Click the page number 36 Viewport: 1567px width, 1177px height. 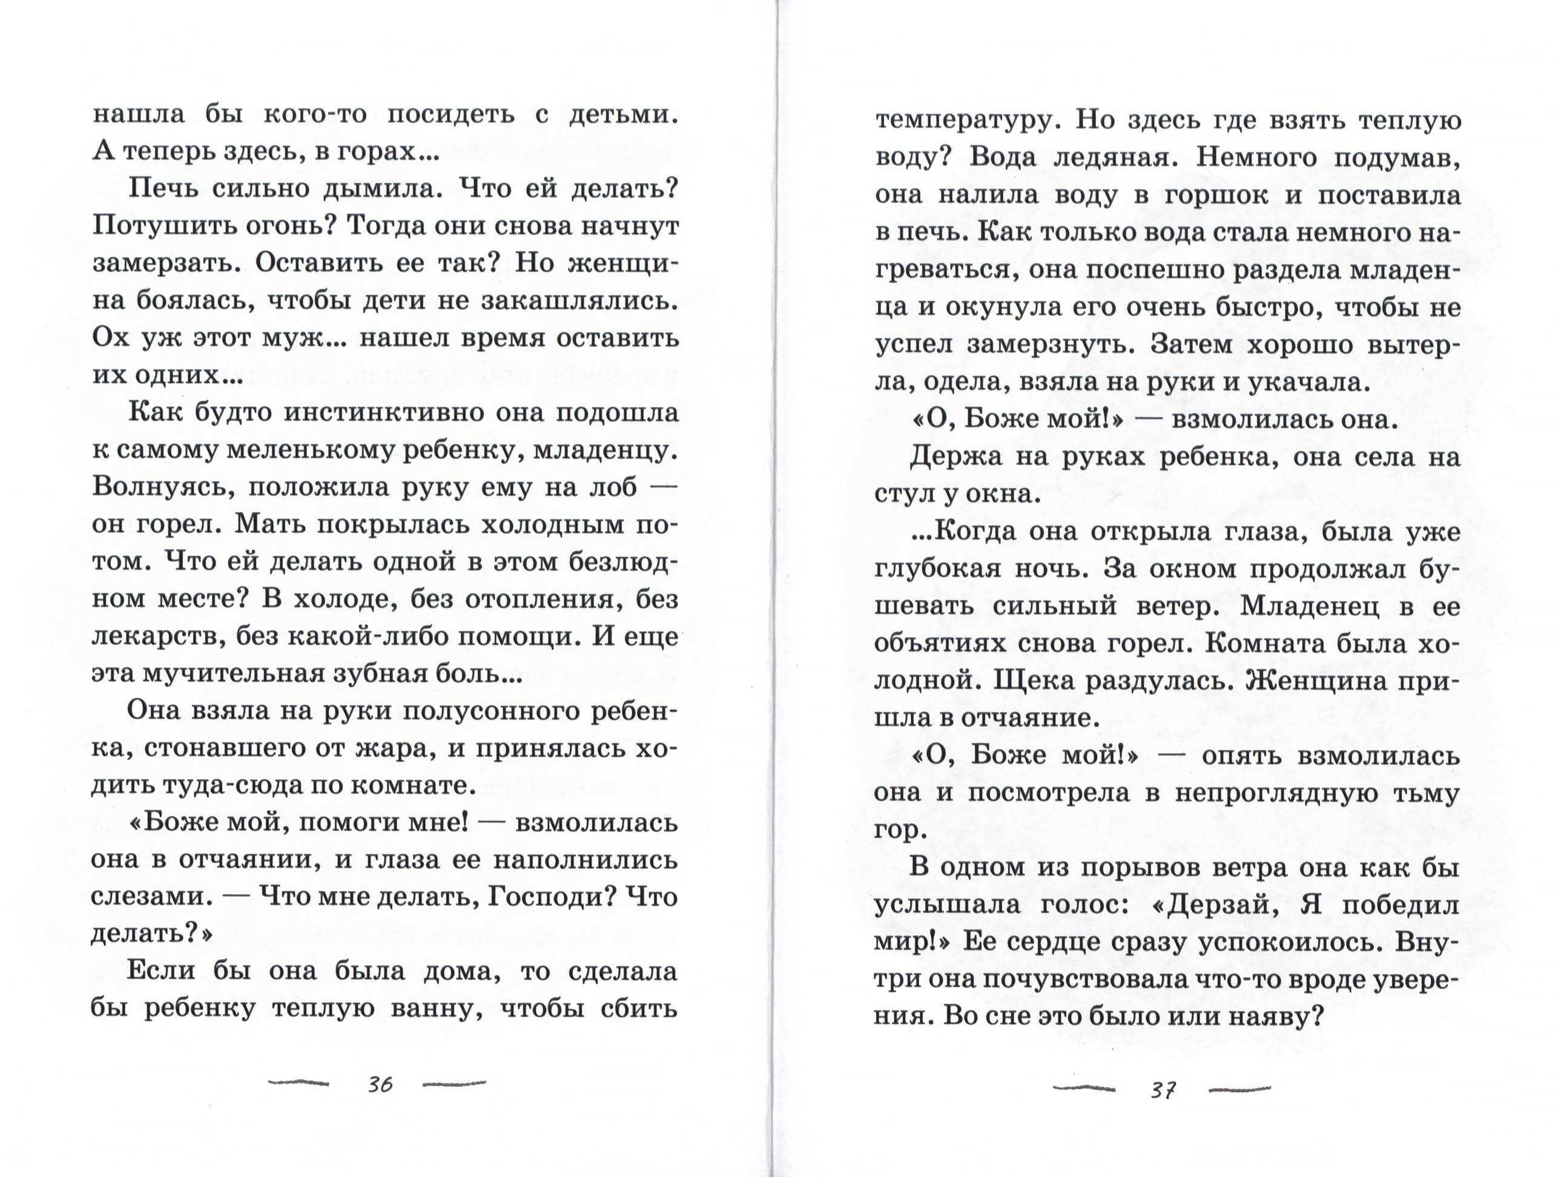(380, 1084)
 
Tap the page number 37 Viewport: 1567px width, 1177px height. (1164, 1090)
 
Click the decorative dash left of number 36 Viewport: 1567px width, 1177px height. (299, 1082)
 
